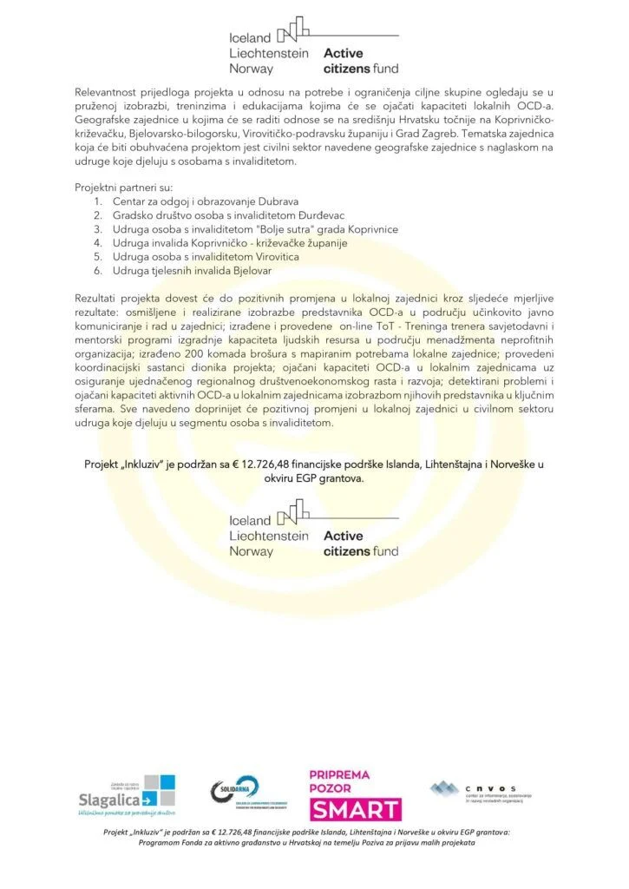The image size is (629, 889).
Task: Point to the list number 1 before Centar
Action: [x=96, y=201]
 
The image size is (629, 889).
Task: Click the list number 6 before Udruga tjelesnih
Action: [x=96, y=271]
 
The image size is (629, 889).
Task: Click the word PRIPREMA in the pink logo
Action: [x=339, y=774]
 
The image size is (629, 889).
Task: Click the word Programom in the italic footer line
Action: [x=164, y=843]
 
